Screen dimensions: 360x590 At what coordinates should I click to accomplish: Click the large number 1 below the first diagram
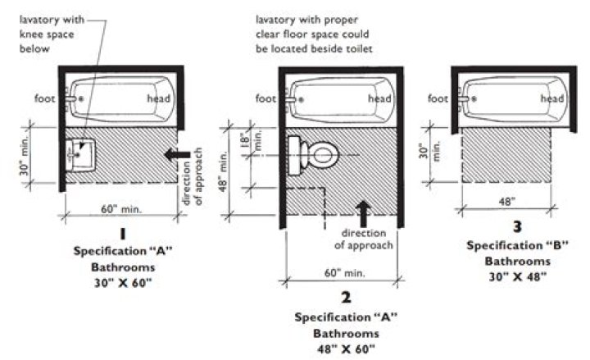pyautogui.click(x=120, y=233)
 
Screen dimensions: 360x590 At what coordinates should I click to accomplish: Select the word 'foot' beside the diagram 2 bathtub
pyautogui.click(x=265, y=99)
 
